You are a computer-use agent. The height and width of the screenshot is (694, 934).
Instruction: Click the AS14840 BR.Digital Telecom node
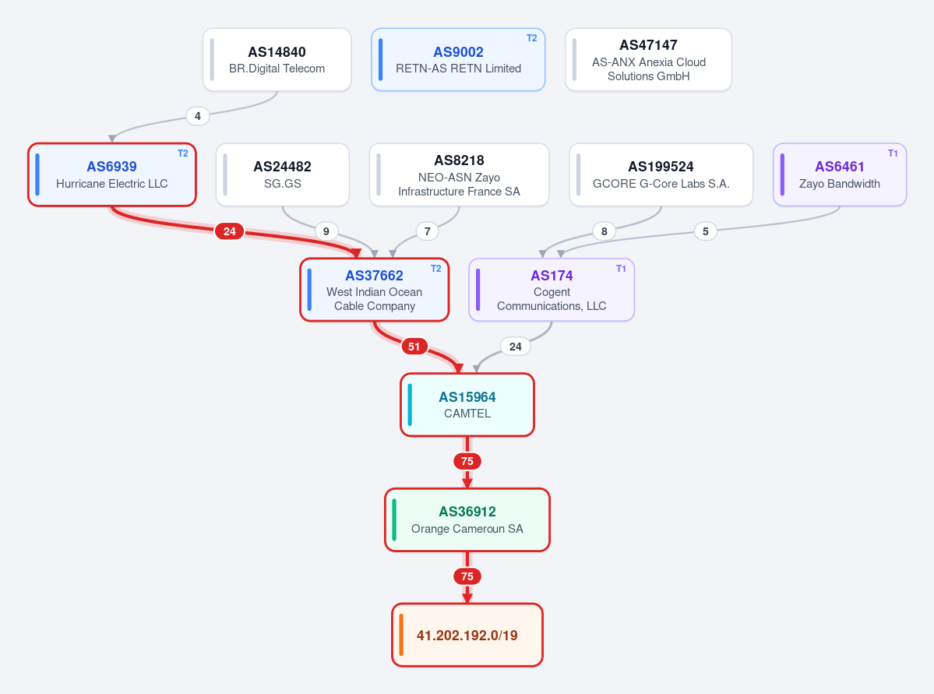click(x=277, y=59)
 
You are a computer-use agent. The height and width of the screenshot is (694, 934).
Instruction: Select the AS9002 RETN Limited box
click(x=458, y=59)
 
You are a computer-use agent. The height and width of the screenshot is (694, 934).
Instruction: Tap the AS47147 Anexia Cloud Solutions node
click(x=648, y=59)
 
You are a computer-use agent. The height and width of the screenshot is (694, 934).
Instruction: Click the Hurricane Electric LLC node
click(x=112, y=174)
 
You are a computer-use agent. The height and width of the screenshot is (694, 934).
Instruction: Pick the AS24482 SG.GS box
click(x=282, y=174)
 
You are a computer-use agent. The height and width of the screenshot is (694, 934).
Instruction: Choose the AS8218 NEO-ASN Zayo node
click(x=459, y=174)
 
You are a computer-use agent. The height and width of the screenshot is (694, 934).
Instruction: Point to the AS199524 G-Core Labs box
click(x=661, y=174)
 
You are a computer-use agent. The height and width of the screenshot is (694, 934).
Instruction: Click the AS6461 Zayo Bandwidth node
click(x=840, y=174)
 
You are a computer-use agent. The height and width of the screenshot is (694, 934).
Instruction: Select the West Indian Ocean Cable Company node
click(x=375, y=290)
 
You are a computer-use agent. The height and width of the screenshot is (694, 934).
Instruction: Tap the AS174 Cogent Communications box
click(x=552, y=290)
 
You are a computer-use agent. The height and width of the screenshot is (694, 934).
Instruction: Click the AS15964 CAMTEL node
click(x=467, y=404)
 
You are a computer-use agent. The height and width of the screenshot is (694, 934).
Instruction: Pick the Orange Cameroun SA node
click(x=467, y=520)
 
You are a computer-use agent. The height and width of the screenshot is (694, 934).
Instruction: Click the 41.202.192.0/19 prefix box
click(x=467, y=635)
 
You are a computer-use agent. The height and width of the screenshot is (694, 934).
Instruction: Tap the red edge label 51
click(x=414, y=346)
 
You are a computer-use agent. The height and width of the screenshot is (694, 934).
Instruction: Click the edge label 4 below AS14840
click(x=198, y=115)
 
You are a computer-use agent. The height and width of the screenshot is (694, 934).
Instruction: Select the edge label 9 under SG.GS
click(x=326, y=231)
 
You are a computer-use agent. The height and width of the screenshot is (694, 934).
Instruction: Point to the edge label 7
click(x=427, y=231)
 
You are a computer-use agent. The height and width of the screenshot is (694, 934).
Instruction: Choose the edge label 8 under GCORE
click(x=604, y=231)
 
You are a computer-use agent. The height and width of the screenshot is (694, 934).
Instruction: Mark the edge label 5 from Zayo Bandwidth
click(x=705, y=231)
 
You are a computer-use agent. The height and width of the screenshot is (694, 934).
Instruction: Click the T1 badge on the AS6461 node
click(x=892, y=153)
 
